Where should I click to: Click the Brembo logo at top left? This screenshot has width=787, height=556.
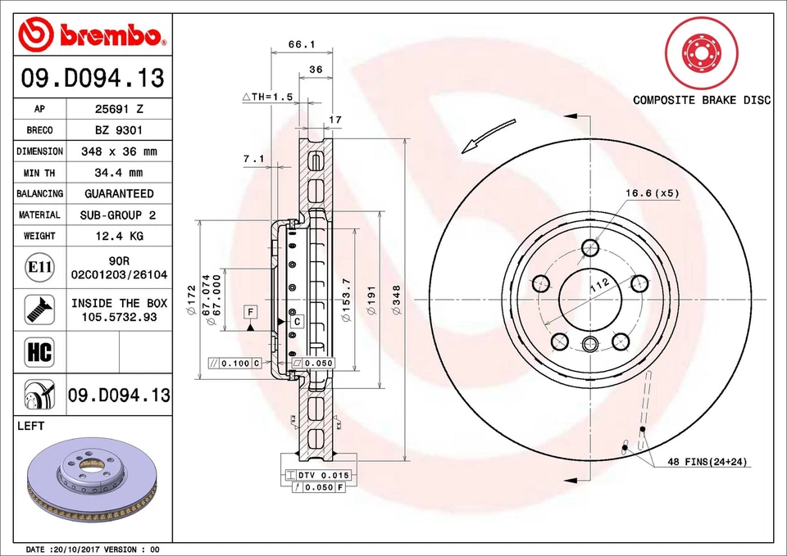(x=92, y=35)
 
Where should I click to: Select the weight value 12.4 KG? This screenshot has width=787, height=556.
(x=119, y=236)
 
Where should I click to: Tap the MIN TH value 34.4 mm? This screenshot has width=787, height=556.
(x=119, y=173)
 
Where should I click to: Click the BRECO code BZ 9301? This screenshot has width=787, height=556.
(x=119, y=130)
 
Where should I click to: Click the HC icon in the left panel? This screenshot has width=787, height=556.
(x=39, y=353)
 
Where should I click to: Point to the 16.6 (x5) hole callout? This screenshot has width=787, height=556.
(x=653, y=193)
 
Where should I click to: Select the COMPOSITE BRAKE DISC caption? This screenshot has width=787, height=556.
(x=702, y=100)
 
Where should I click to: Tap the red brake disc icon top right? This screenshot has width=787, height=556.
(x=701, y=54)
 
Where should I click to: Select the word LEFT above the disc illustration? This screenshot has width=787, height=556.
(x=30, y=426)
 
